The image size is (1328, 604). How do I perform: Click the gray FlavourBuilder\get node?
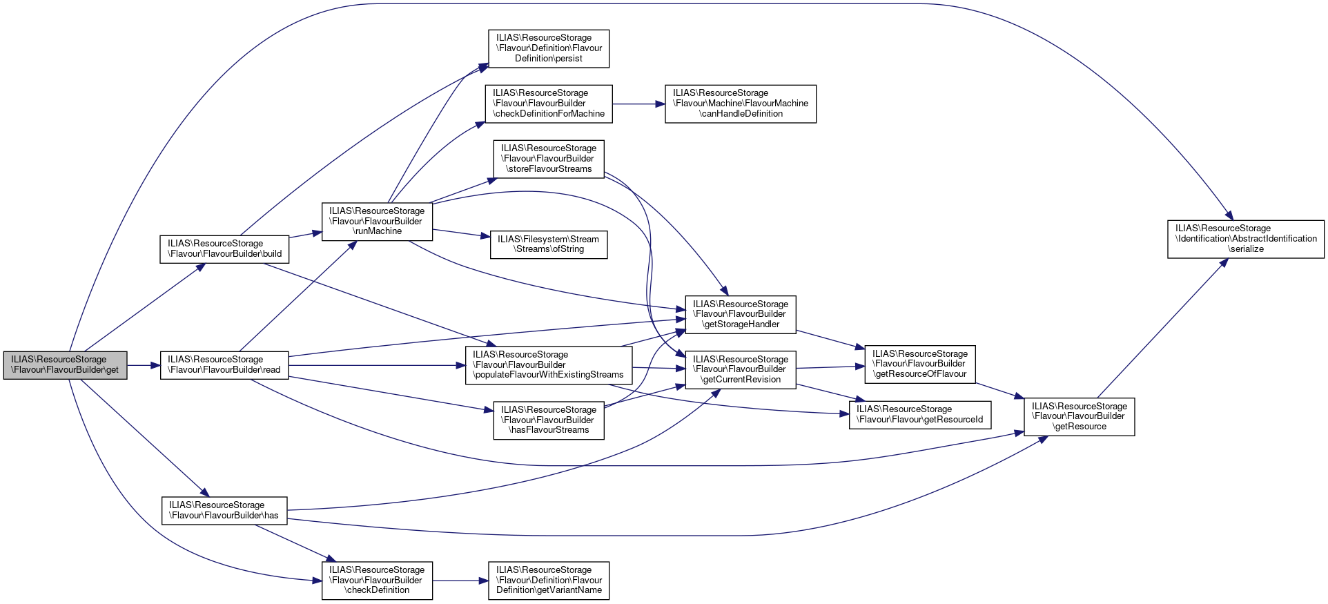[x=65, y=364]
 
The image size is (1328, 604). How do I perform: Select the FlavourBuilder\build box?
[x=224, y=249]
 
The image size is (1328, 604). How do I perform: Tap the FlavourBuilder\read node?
[x=224, y=364]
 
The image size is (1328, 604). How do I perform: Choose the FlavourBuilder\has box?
[x=224, y=510]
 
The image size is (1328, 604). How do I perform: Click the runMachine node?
[x=377, y=221]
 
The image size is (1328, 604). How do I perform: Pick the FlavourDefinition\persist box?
[x=549, y=48]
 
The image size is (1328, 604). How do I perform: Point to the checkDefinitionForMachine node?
[x=549, y=104]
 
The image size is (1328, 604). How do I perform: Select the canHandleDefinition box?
[x=740, y=104]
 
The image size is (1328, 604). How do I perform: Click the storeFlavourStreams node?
[x=549, y=159]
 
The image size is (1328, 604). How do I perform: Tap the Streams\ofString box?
[x=549, y=244]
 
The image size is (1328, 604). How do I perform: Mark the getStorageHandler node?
[x=740, y=314]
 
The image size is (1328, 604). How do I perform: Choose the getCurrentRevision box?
[x=740, y=369]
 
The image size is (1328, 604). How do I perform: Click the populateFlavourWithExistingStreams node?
[x=549, y=365]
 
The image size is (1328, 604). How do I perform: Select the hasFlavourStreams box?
[x=549, y=420]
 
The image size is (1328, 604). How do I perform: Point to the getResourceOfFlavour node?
[x=919, y=364]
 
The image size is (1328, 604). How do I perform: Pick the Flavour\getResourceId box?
[x=919, y=414]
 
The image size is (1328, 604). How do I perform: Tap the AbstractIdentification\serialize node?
[x=1245, y=239]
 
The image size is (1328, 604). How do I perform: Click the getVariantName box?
[x=549, y=580]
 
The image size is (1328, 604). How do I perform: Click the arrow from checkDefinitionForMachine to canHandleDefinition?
[x=638, y=104]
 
